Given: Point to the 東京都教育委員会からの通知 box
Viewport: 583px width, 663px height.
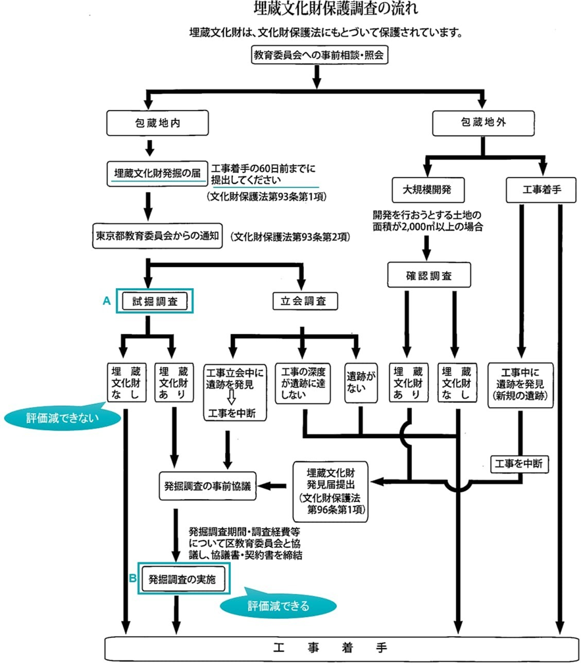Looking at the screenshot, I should tap(157, 235).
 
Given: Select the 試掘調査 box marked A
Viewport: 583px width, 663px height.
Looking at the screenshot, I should tap(155, 302).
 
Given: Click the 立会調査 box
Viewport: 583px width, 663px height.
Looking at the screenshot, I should tap(305, 302).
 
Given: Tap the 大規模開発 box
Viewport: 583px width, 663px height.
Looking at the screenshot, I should tap(429, 191).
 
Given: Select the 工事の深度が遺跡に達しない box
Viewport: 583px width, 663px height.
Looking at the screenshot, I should tap(303, 381).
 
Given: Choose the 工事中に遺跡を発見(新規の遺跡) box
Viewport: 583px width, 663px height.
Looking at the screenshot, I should tap(520, 381).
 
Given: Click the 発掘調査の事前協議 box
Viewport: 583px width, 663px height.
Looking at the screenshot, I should tap(208, 486).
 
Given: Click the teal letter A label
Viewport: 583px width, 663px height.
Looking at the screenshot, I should tap(105, 300).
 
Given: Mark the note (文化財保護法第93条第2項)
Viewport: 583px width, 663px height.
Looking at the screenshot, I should tap(289, 235).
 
